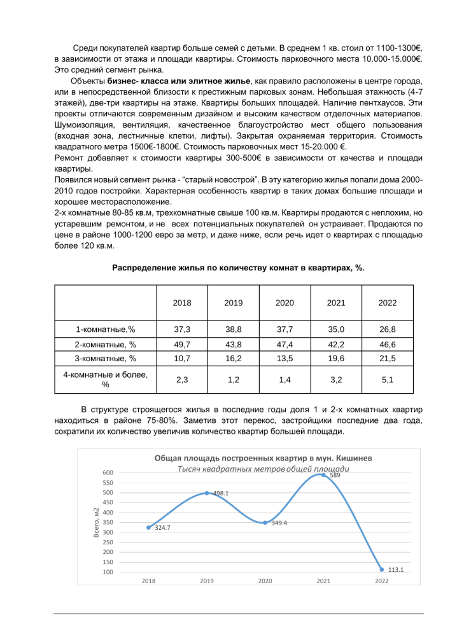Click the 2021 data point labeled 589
point(323,474)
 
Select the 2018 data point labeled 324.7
point(149,527)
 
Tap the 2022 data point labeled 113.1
point(382,569)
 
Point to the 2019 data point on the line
point(207,493)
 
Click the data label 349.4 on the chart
point(280,523)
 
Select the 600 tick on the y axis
point(109,473)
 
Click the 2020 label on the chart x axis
point(265,581)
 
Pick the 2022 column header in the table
point(387,303)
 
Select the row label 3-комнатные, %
point(106,358)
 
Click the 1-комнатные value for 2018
point(182,329)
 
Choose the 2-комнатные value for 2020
point(285,343)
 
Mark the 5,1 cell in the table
point(387,380)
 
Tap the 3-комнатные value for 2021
point(336,358)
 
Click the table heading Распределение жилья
point(238,268)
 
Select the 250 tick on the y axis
point(109,542)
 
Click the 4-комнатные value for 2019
point(233,380)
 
